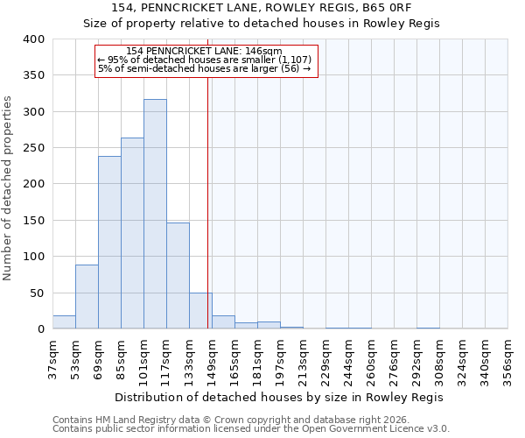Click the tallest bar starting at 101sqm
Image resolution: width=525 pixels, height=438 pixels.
point(155,215)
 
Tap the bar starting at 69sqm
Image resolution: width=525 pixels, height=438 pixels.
point(109,243)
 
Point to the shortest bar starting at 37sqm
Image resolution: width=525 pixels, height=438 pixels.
point(64,322)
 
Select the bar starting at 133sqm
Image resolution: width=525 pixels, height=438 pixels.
point(200,311)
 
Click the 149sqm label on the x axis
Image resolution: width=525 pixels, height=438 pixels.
point(212,358)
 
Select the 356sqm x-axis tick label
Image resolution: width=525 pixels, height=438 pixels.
point(507,358)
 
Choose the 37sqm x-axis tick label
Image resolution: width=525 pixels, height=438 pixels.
point(52,358)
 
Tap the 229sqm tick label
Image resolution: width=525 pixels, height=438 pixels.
point(325,358)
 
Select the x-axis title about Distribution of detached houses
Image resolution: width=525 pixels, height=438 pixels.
point(279,397)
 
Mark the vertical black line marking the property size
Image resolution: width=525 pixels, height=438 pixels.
point(208,201)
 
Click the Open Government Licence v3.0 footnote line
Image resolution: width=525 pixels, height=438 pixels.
point(251,429)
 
